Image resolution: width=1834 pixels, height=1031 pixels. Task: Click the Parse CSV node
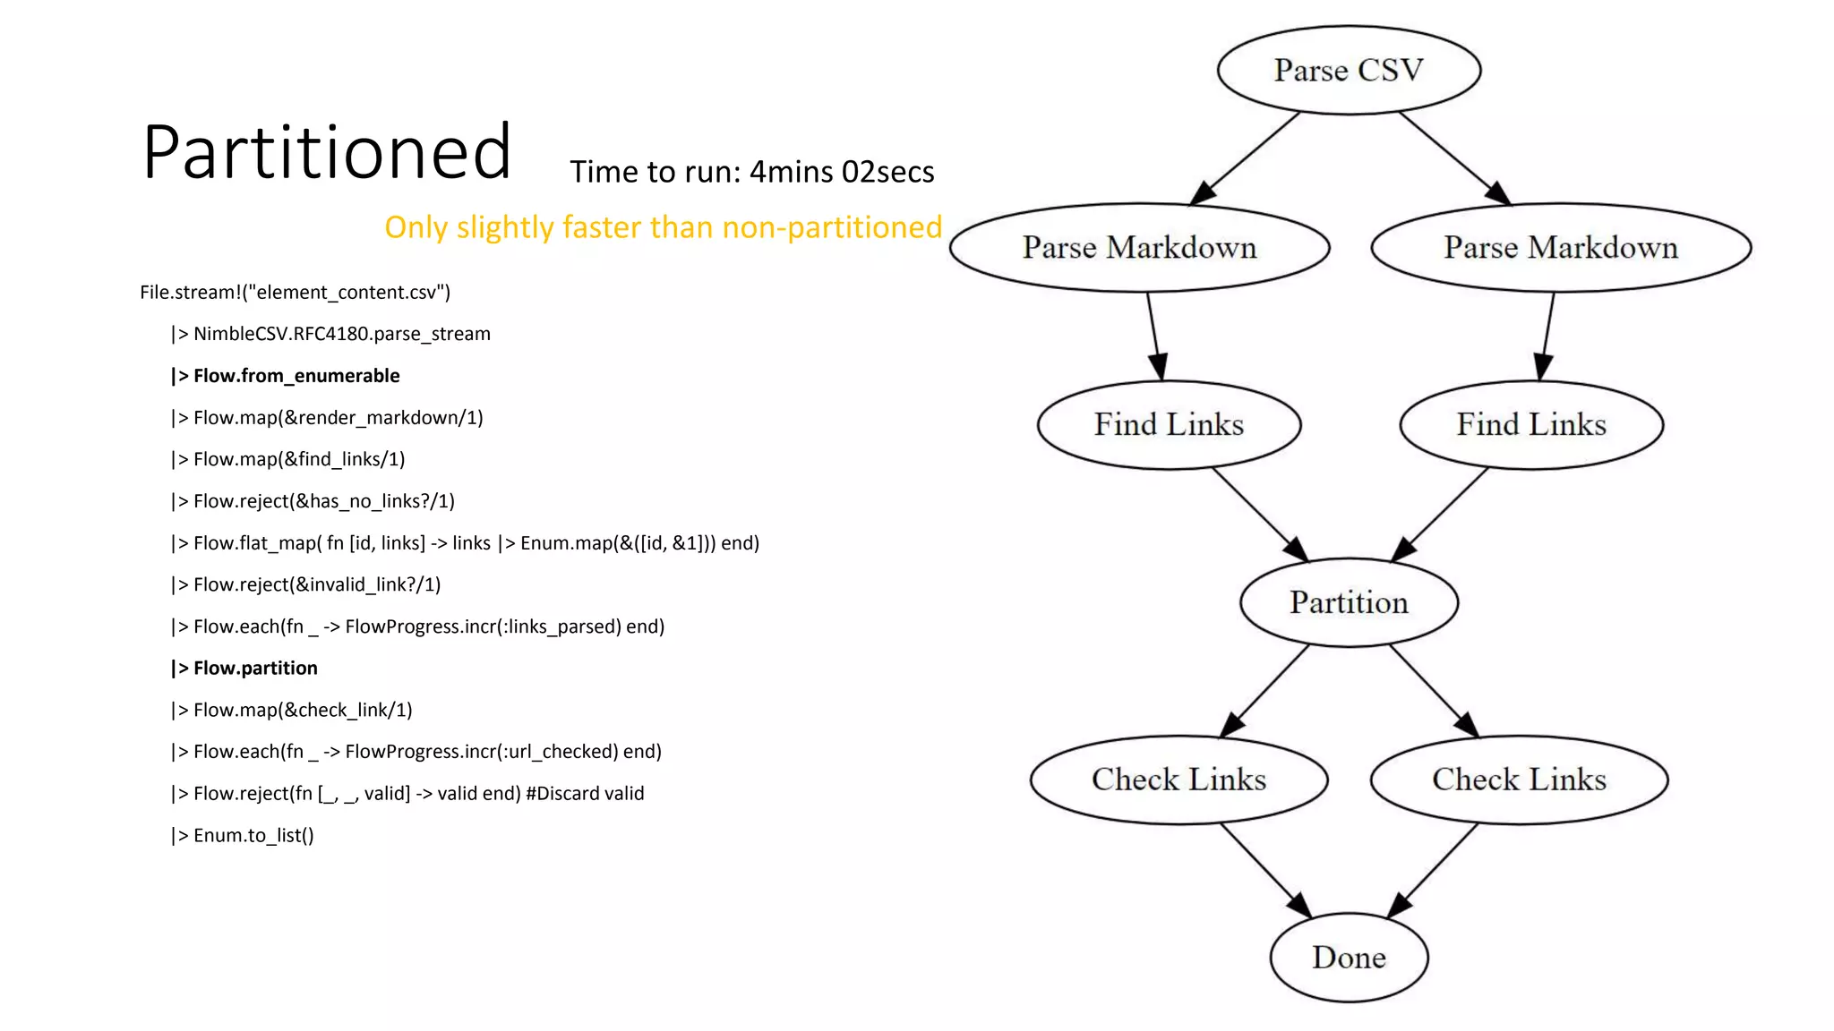click(1349, 70)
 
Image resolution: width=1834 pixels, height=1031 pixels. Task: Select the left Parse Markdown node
click(1139, 248)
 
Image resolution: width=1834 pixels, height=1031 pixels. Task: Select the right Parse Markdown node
click(1561, 248)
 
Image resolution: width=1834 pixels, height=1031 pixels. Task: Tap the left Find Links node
click(1169, 424)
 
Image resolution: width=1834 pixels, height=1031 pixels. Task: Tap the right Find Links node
click(1531, 424)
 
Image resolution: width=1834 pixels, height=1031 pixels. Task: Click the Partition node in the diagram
click(1349, 602)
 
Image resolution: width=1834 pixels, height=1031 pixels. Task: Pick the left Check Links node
click(1178, 780)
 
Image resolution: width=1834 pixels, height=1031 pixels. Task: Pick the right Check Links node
click(1519, 780)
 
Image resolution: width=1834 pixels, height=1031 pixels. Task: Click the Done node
click(1349, 958)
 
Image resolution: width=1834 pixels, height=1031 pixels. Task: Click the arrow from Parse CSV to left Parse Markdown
click(1247, 158)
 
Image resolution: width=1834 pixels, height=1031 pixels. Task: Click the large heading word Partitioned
click(327, 152)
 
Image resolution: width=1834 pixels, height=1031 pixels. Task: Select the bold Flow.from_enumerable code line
click(287, 376)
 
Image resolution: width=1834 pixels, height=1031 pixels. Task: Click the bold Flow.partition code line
click(245, 669)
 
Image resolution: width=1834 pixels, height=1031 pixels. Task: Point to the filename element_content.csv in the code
click(346, 293)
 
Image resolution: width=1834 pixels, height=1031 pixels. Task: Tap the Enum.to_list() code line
click(244, 836)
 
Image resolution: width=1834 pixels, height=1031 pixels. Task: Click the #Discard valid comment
click(585, 794)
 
